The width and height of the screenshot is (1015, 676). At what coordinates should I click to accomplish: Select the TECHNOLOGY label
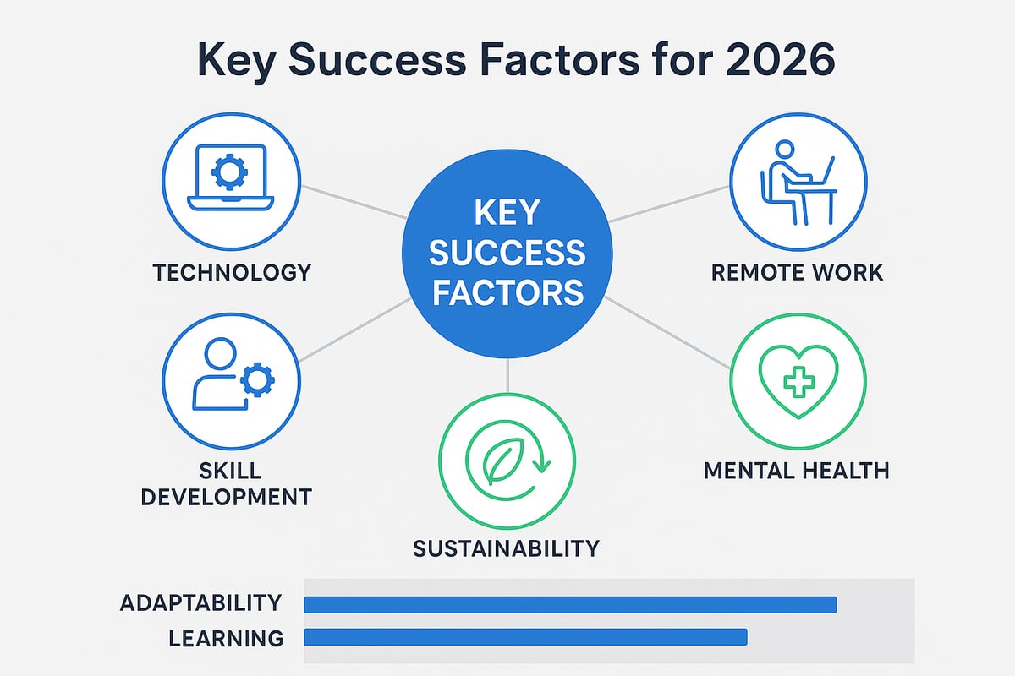pyautogui.click(x=232, y=273)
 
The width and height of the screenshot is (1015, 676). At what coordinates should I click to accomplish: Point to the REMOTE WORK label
pyautogui.click(x=797, y=273)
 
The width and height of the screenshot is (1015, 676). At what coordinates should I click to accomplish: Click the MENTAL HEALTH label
pyautogui.click(x=797, y=469)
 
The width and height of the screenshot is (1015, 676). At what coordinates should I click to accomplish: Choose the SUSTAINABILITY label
pyautogui.click(x=506, y=548)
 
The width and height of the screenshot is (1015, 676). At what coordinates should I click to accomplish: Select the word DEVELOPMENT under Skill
pyautogui.click(x=226, y=496)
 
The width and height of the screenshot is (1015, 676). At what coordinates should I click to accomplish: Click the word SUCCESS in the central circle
pyautogui.click(x=507, y=252)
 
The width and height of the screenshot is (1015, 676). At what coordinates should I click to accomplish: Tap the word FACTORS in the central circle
pyautogui.click(x=507, y=292)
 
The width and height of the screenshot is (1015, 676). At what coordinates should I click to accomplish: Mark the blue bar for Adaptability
pyautogui.click(x=570, y=603)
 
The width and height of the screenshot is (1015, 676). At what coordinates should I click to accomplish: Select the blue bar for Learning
pyautogui.click(x=525, y=637)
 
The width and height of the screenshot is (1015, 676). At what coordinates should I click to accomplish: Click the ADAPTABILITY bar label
pyautogui.click(x=200, y=603)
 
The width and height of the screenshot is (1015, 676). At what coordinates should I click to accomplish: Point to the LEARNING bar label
pyautogui.click(x=226, y=638)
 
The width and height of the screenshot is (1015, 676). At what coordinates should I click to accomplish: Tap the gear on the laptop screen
pyautogui.click(x=230, y=173)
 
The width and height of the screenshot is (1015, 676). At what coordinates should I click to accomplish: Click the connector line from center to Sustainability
pyautogui.click(x=507, y=374)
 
